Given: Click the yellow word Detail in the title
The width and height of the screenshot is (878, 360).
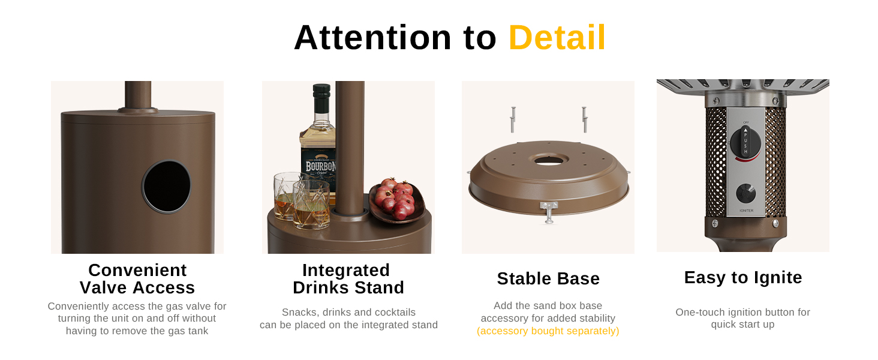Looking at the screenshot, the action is click(x=557, y=38).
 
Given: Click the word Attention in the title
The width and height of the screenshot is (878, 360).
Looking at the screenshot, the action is click(x=372, y=38).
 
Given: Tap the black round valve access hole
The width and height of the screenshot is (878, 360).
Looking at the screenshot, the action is click(x=167, y=187).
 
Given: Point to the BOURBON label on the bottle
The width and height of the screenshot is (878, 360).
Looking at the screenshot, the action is click(x=320, y=166).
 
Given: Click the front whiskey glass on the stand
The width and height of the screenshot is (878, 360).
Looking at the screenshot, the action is click(x=312, y=204).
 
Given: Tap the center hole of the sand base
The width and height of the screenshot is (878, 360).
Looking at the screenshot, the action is click(x=548, y=160).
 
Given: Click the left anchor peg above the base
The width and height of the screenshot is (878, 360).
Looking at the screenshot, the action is click(x=513, y=119).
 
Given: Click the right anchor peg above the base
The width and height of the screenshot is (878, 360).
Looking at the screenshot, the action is click(x=584, y=119).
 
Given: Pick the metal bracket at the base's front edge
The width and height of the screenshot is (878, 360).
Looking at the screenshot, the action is click(x=549, y=212).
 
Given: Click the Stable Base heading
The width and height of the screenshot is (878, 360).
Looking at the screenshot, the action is click(x=548, y=278).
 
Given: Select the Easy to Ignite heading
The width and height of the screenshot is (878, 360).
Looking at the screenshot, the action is click(x=743, y=278).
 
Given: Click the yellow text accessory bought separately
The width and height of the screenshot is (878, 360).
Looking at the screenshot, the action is click(x=548, y=331).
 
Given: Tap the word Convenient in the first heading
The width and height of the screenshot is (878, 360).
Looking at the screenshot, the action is click(x=137, y=270).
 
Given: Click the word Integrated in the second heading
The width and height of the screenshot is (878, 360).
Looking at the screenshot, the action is click(x=346, y=270).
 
